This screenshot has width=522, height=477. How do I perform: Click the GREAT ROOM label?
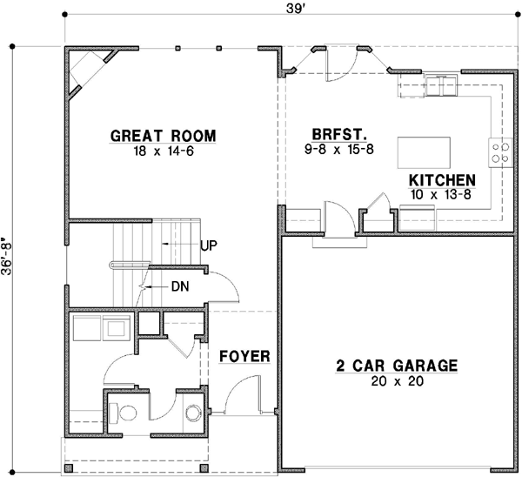pos(163,136)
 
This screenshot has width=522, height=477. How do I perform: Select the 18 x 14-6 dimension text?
pos(163,150)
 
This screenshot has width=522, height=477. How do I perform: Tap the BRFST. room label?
pos(338,135)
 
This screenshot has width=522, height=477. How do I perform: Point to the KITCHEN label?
pos(442,180)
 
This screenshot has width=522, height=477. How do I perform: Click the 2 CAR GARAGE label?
pos(396,366)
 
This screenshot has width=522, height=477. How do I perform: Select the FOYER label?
pos(244,357)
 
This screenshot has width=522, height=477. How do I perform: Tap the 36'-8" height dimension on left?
pos(9,259)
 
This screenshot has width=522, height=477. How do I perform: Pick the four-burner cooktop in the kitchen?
pos(499,153)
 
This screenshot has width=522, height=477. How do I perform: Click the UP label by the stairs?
pos(209,245)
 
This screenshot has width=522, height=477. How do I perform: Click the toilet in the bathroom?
pos(127,411)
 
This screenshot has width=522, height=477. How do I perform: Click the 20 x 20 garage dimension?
pos(396,381)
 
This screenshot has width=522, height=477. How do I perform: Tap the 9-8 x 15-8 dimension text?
pos(340,150)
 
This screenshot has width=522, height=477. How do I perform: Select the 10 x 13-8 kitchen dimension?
pos(442,194)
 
